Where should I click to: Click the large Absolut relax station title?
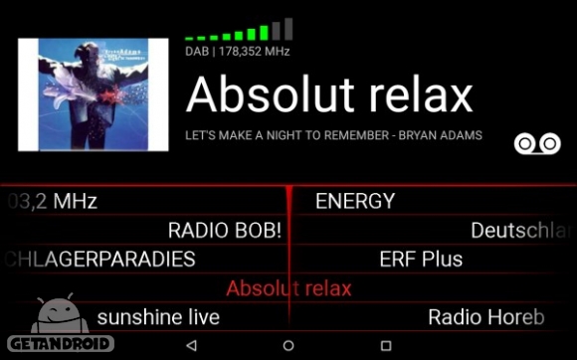click(x=329, y=94)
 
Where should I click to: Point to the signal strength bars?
click(x=239, y=30)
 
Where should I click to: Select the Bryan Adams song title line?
click(x=333, y=135)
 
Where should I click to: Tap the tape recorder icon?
click(x=538, y=143)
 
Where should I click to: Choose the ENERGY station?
click(x=355, y=201)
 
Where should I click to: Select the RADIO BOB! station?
click(x=225, y=231)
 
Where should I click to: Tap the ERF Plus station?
click(x=421, y=260)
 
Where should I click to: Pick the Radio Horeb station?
click(x=486, y=317)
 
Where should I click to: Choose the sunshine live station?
click(x=158, y=317)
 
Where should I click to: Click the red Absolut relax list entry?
click(x=288, y=288)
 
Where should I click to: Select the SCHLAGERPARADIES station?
click(x=99, y=260)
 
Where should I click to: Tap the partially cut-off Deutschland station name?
click(x=523, y=231)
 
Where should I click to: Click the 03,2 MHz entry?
click(x=52, y=201)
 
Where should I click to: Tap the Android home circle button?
click(x=288, y=345)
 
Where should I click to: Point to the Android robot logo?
click(x=59, y=314)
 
